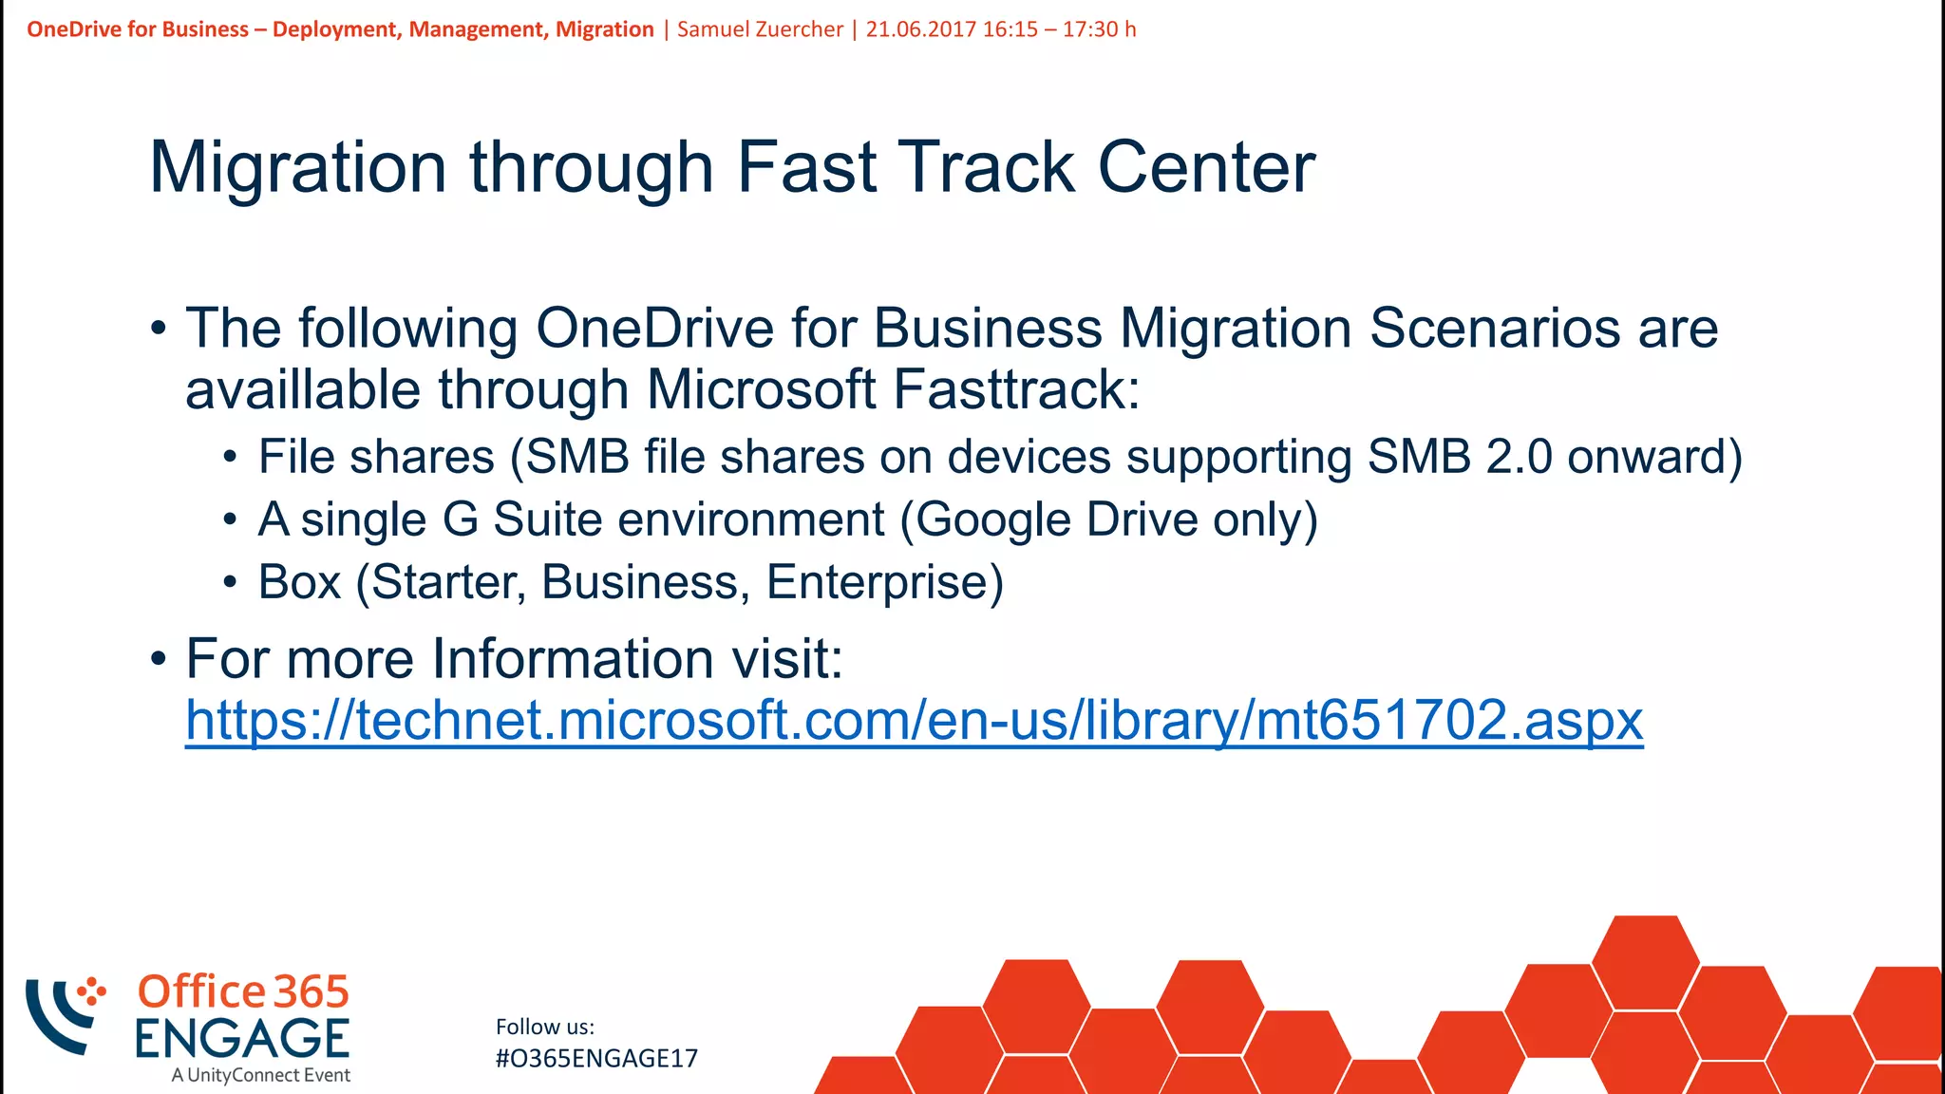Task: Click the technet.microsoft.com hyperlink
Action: [x=914, y=720]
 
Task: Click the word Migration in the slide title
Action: [x=298, y=168]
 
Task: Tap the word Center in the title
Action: [x=1206, y=168]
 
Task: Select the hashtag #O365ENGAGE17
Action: [x=596, y=1059]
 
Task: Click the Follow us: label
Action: [x=545, y=1027]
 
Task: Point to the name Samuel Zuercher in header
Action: [x=760, y=29]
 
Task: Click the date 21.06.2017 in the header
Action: [x=920, y=29]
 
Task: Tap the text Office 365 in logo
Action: [x=243, y=992]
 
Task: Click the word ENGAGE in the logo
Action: [x=242, y=1038]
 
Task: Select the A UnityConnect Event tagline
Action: [x=261, y=1075]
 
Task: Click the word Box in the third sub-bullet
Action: [x=299, y=582]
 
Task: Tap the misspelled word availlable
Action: [x=302, y=390]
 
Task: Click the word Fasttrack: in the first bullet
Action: [x=1016, y=390]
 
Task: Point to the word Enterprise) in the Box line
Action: [x=884, y=582]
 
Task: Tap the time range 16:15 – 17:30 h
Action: [x=1059, y=29]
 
